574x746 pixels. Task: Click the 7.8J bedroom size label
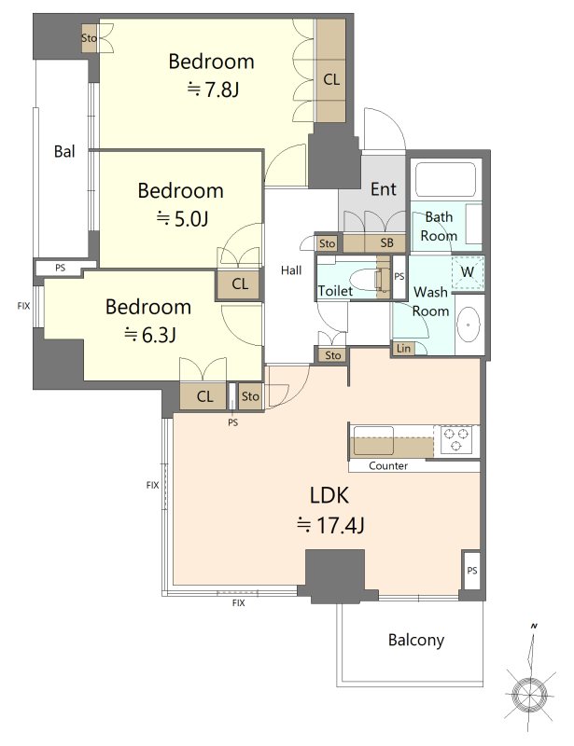213,89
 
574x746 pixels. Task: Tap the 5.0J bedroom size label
182,218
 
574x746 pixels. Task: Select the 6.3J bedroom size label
150,335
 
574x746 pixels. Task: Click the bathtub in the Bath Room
446,179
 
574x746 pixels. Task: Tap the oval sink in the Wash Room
469,325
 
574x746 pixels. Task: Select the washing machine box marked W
468,272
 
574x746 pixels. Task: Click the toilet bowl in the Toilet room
366,278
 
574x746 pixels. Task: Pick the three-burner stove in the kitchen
456,439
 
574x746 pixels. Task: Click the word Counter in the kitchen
388,465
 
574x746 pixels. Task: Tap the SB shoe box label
386,243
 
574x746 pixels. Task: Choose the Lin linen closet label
403,348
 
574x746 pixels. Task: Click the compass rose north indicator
530,693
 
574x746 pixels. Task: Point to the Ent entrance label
384,189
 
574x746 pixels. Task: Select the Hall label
291,270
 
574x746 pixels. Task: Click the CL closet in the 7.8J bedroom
331,71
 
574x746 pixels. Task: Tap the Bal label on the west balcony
64,151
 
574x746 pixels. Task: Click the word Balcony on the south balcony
416,641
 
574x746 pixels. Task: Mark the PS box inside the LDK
471,571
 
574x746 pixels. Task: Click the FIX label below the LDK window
239,603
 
